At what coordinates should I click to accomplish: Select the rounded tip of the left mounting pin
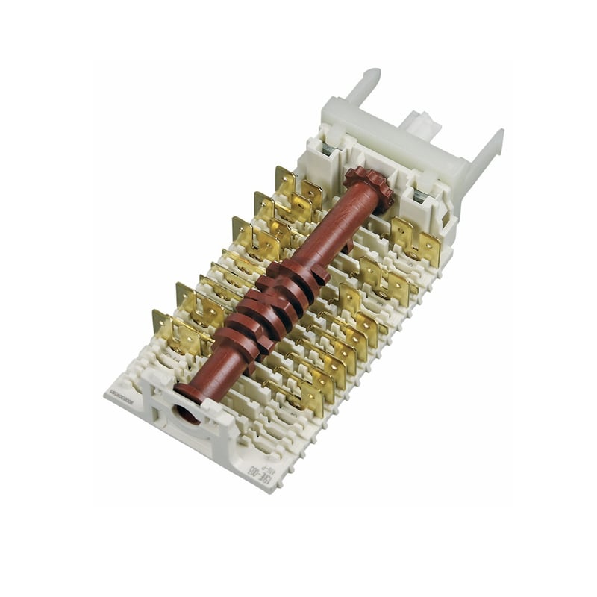(371, 75)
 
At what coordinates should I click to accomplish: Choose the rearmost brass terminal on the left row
(287, 182)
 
